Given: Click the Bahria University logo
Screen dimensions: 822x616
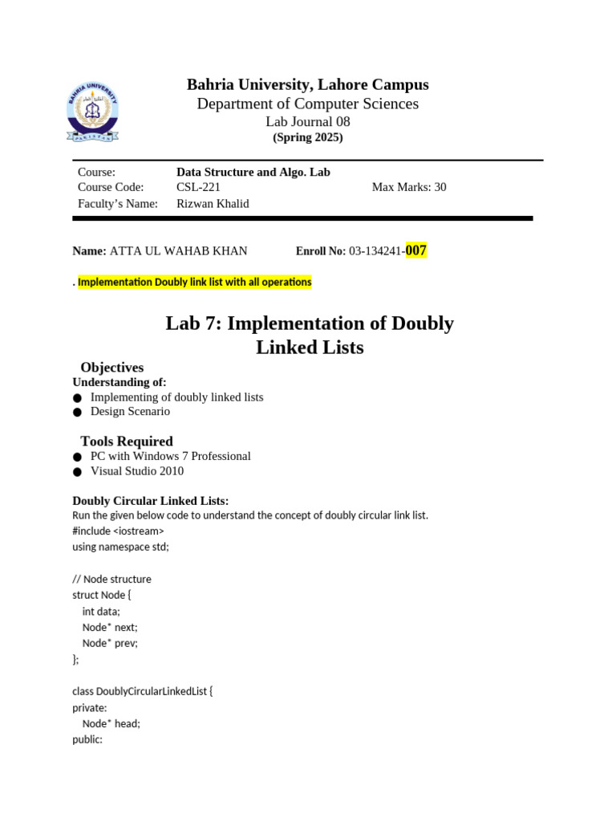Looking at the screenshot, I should coord(92,113).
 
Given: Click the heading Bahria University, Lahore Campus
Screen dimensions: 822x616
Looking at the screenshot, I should coord(308,84).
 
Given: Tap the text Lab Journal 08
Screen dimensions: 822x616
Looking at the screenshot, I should coord(308,122).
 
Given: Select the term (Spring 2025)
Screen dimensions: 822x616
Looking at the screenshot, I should coord(308,137).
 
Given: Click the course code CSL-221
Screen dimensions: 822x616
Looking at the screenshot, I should coord(198,187).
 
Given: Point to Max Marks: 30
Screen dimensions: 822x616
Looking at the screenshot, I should coord(409,187).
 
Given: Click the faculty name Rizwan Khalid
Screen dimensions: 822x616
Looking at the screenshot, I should coord(213,203).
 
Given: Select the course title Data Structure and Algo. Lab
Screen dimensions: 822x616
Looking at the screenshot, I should coord(253,172).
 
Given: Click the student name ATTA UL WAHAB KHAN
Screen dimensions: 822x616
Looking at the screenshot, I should coord(178,250).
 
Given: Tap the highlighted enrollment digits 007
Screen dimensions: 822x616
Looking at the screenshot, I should coord(415,250).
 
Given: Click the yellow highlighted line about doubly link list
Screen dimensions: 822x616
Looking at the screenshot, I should coord(194,282).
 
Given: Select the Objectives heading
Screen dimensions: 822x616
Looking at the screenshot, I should coord(112,367).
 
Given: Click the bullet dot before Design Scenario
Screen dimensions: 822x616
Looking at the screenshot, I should coord(77,412).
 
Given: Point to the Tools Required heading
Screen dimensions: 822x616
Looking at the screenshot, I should coord(127,441).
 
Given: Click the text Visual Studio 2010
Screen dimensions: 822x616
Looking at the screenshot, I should coord(137,471).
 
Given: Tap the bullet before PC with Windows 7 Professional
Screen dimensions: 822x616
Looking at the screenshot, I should coord(77,457).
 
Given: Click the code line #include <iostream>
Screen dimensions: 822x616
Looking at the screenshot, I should coord(118,531).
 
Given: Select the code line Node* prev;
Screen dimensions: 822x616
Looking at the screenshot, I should coord(110,643).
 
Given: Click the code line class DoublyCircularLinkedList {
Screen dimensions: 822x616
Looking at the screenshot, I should coord(143,691).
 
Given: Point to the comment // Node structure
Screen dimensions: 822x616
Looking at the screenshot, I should coord(111,579).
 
